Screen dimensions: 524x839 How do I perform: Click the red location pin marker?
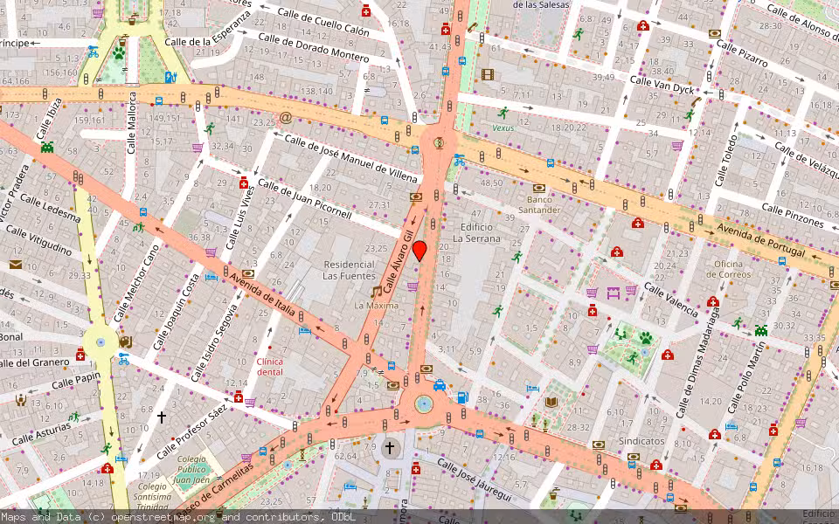419,251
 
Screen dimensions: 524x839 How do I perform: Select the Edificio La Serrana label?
476,231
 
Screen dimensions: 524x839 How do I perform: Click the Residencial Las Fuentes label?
350,270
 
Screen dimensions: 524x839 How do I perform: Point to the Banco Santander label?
538,204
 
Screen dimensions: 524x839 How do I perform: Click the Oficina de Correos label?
719,269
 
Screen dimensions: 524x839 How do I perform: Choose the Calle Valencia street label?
670,300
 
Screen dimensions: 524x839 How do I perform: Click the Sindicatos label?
641,441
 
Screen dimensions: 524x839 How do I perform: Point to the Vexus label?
503,128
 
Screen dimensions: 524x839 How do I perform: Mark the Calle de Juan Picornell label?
304,201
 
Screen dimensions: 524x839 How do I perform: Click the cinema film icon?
487,74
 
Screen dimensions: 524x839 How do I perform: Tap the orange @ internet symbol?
285,117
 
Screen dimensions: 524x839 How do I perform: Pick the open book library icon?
551,403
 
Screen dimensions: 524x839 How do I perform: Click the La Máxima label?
376,306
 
